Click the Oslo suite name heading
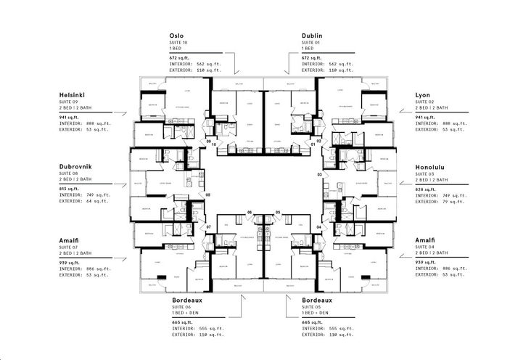click(176, 36)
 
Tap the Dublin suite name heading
click(313, 36)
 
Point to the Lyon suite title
click(422, 95)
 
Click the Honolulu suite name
click(430, 166)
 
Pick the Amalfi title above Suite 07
click(70, 239)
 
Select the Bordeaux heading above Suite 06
click(191, 299)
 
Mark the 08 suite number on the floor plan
click(207, 195)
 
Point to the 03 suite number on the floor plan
click(320, 175)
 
